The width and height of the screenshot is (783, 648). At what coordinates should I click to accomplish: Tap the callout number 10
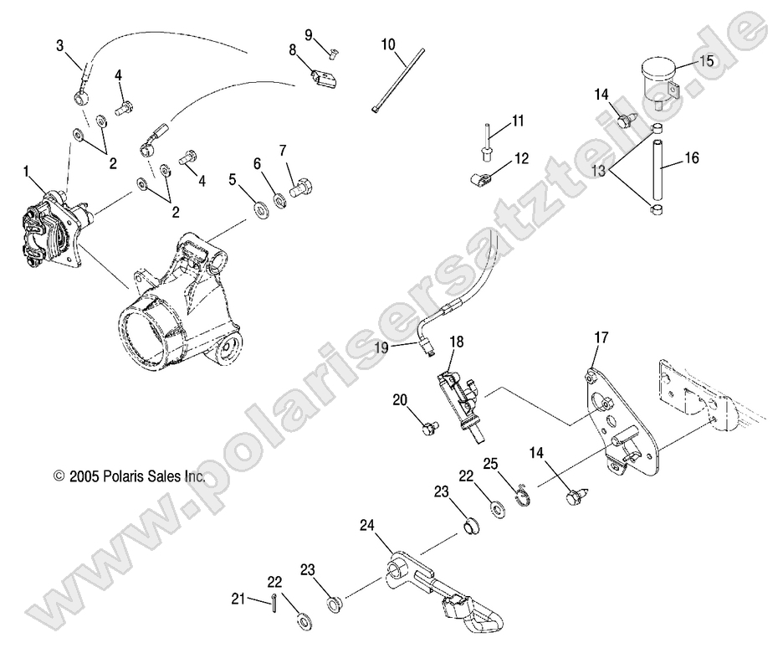[388, 44]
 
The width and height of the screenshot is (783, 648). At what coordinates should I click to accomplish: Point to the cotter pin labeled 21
[275, 599]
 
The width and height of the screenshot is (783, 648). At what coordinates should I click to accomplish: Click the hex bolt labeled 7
[299, 188]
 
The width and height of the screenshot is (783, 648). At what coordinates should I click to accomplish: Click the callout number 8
[293, 50]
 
